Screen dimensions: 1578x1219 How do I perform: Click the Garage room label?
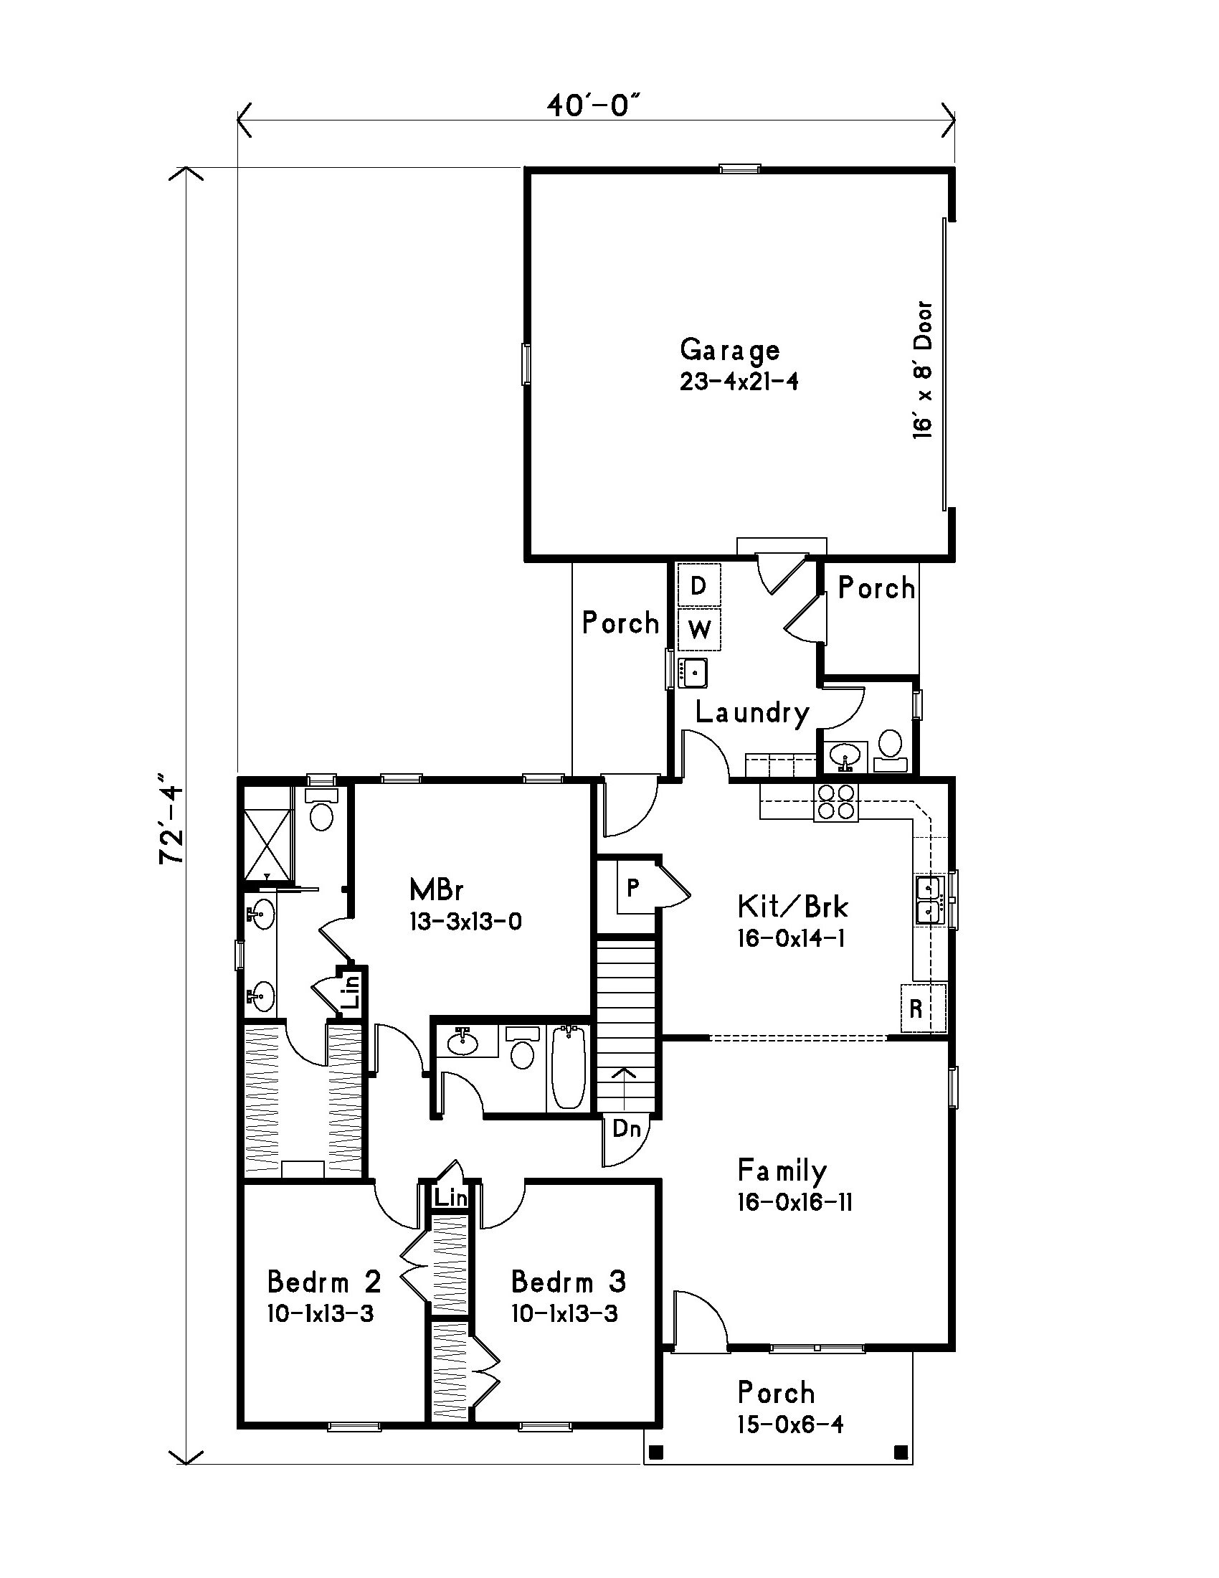(729, 351)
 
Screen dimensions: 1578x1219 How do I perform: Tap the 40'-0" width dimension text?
(594, 106)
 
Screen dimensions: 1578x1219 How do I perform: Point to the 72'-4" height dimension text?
(172, 820)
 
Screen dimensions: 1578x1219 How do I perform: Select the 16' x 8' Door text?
(922, 370)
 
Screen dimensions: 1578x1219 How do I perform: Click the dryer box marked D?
(698, 586)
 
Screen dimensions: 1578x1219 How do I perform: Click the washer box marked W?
(698, 630)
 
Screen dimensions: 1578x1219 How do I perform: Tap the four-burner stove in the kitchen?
(836, 802)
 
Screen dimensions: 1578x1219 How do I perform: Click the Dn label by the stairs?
(626, 1128)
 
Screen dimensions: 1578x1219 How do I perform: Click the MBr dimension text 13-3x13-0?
(465, 922)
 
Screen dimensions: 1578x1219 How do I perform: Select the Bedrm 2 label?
(323, 1282)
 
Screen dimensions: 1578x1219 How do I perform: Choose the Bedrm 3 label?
(569, 1282)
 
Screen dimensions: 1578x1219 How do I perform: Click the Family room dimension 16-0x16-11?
(795, 1202)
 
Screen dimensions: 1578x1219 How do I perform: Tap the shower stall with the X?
(267, 843)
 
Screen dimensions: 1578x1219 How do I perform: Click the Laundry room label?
(751, 713)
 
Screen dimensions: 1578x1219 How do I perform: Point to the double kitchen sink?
(929, 899)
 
